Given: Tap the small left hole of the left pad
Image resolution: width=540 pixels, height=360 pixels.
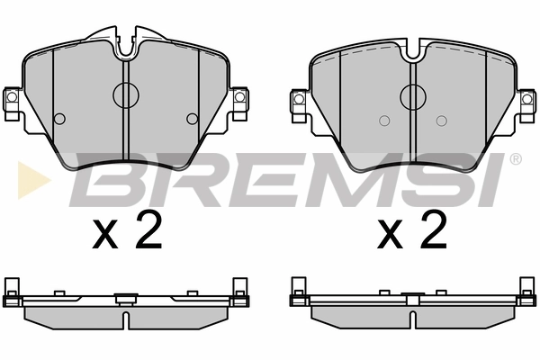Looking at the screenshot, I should pos(60,119).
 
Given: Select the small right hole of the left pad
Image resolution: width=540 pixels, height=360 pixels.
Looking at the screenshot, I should pos(192,119).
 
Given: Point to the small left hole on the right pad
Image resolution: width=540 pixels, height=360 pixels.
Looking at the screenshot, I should pos(383,121).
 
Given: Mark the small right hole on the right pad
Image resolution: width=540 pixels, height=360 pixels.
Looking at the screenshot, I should pos(440,121).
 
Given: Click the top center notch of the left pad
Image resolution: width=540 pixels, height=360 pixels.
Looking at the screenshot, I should pos(126,43).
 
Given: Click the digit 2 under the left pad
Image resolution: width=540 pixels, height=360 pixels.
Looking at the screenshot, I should pos(147,230).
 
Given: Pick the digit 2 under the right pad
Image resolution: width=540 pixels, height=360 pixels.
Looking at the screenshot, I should pos(433,230).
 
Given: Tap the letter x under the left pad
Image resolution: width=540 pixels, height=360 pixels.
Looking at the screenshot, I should pos(107,236).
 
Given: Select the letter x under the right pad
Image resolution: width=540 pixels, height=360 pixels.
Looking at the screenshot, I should pos(393,236).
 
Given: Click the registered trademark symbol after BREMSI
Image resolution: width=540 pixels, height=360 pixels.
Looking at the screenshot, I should pos(515,159).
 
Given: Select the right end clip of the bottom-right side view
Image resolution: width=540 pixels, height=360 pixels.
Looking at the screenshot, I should pos(524,287).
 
